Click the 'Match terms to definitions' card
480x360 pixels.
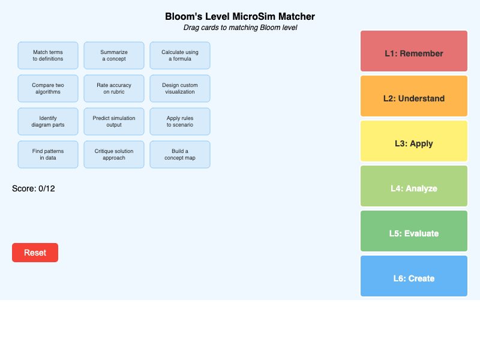(x=48, y=56)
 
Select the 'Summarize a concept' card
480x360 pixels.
(x=114, y=56)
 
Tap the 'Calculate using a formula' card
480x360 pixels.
(x=180, y=56)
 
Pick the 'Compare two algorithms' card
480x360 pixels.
(x=48, y=89)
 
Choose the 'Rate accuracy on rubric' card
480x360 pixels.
(x=114, y=89)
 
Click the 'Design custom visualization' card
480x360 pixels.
(x=180, y=89)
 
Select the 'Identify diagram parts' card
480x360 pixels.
(x=48, y=122)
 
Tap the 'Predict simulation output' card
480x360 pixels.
(x=114, y=122)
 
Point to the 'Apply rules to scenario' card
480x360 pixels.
(x=180, y=122)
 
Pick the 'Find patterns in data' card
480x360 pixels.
(x=48, y=155)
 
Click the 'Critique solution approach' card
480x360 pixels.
(x=114, y=155)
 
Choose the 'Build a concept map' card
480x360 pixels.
(x=180, y=155)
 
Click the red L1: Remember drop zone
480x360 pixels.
(x=414, y=51)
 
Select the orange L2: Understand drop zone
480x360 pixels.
(x=414, y=96)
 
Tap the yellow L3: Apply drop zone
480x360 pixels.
(x=414, y=141)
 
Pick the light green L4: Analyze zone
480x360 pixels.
(x=414, y=186)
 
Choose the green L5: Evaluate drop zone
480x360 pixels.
(x=414, y=231)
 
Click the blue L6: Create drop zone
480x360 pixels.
(x=414, y=276)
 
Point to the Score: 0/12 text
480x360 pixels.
(x=34, y=188)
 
